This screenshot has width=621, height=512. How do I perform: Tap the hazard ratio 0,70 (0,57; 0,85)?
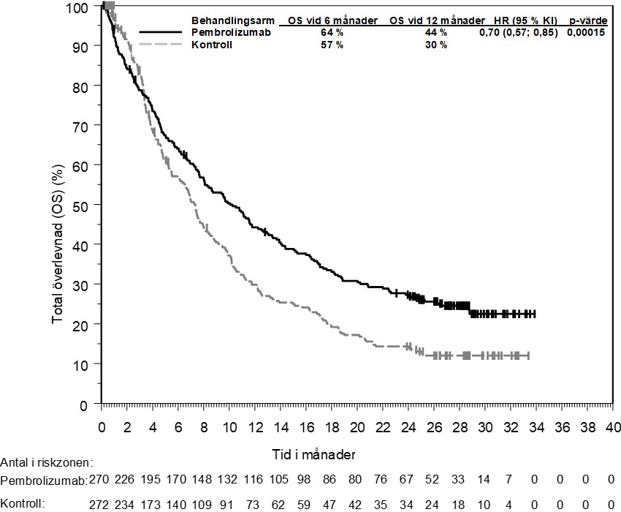(519, 33)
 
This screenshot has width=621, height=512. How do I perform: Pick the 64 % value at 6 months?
(332, 33)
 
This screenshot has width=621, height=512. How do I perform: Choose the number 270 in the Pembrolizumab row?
(99, 481)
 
